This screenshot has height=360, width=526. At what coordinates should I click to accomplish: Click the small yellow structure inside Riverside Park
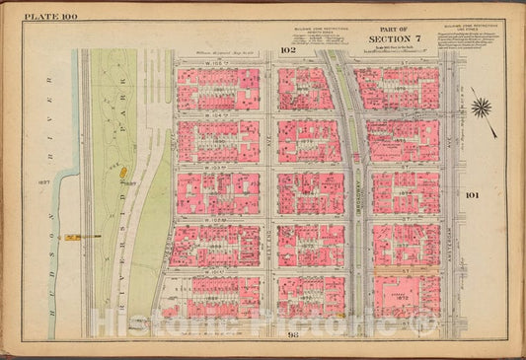point(123,172)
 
